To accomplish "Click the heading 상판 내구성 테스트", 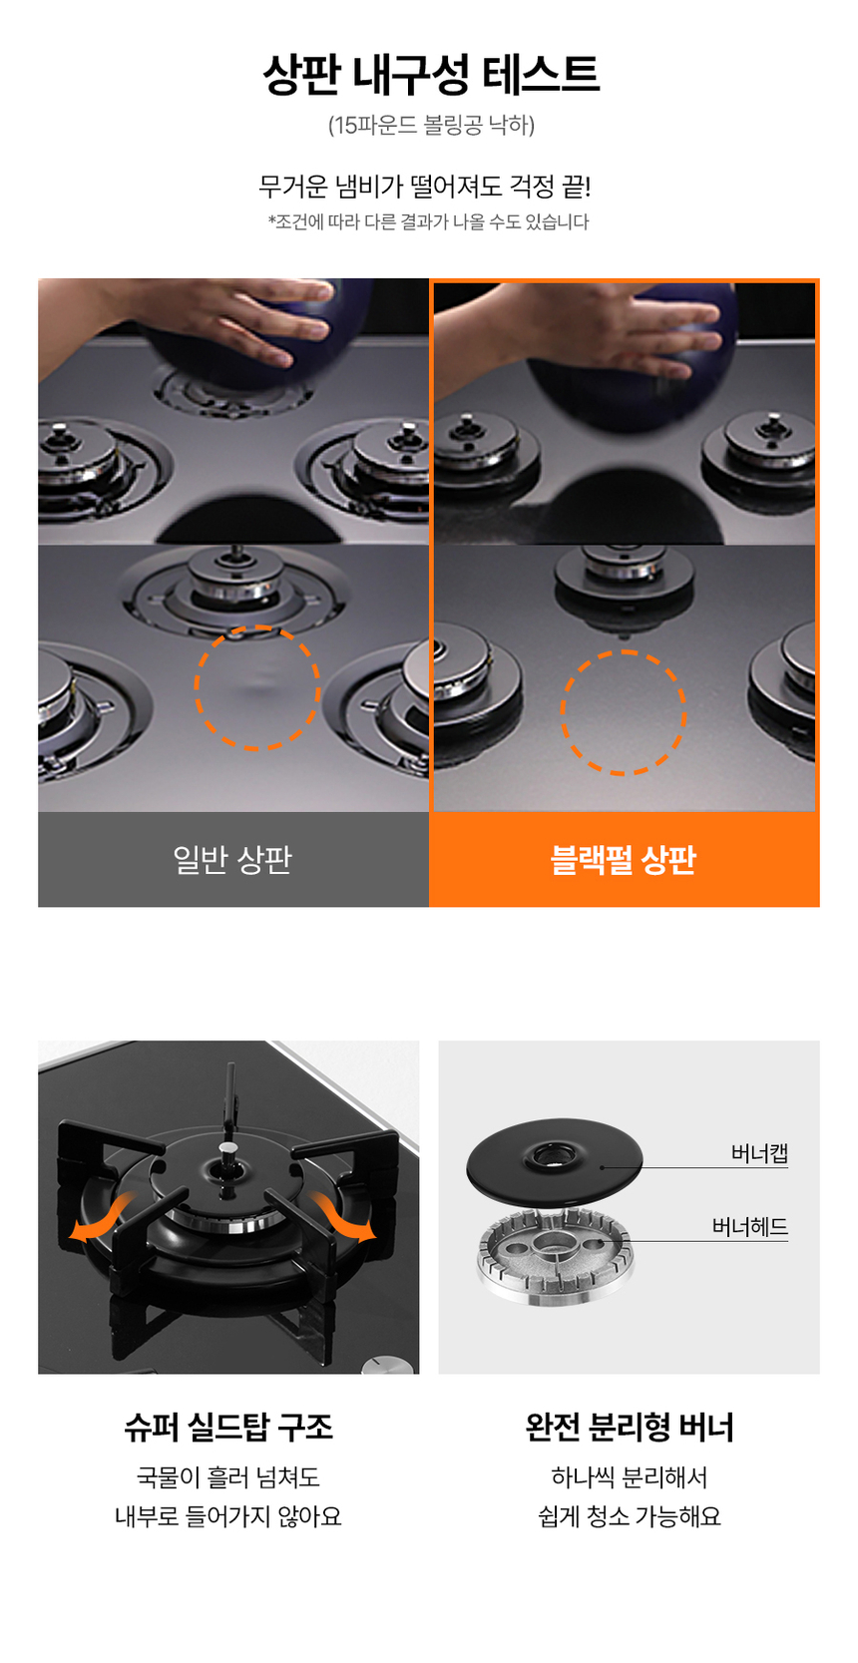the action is pyautogui.click(x=430, y=74).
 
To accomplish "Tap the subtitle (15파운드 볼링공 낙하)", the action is pyautogui.click(x=431, y=124).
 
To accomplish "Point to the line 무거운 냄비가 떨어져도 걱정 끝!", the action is pyautogui.click(x=425, y=186).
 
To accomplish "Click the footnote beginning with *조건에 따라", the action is pyautogui.click(x=428, y=221).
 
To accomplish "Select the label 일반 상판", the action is pyautogui.click(x=233, y=859).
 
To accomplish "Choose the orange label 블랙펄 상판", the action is pyautogui.click(x=624, y=859).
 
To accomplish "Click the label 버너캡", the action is pyautogui.click(x=759, y=1153).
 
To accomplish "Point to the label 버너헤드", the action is pyautogui.click(x=749, y=1226).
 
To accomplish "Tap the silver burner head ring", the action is pyautogui.click(x=554, y=1253).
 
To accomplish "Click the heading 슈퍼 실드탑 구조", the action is pyautogui.click(x=228, y=1427).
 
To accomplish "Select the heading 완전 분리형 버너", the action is pyautogui.click(x=630, y=1427).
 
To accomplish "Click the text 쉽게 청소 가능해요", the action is pyautogui.click(x=630, y=1516).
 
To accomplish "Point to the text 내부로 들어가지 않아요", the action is pyautogui.click(x=228, y=1516).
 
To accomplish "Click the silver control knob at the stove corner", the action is pyautogui.click(x=387, y=1365).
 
